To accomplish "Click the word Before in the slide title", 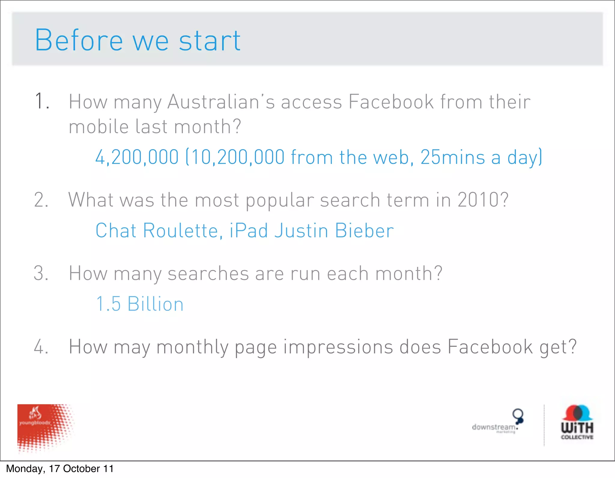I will click(x=79, y=40).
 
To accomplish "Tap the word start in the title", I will click(x=210, y=41).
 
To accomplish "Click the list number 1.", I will click(x=41, y=101).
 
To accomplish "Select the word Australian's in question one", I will click(x=221, y=102).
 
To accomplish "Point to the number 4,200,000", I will click(x=137, y=157).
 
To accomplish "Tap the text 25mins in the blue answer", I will click(x=453, y=157).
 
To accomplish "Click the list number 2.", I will click(x=41, y=200).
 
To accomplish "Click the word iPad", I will click(x=249, y=231).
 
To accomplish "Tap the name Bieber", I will click(x=364, y=231).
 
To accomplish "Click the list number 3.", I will click(x=41, y=273).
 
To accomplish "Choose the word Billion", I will click(x=155, y=304).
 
